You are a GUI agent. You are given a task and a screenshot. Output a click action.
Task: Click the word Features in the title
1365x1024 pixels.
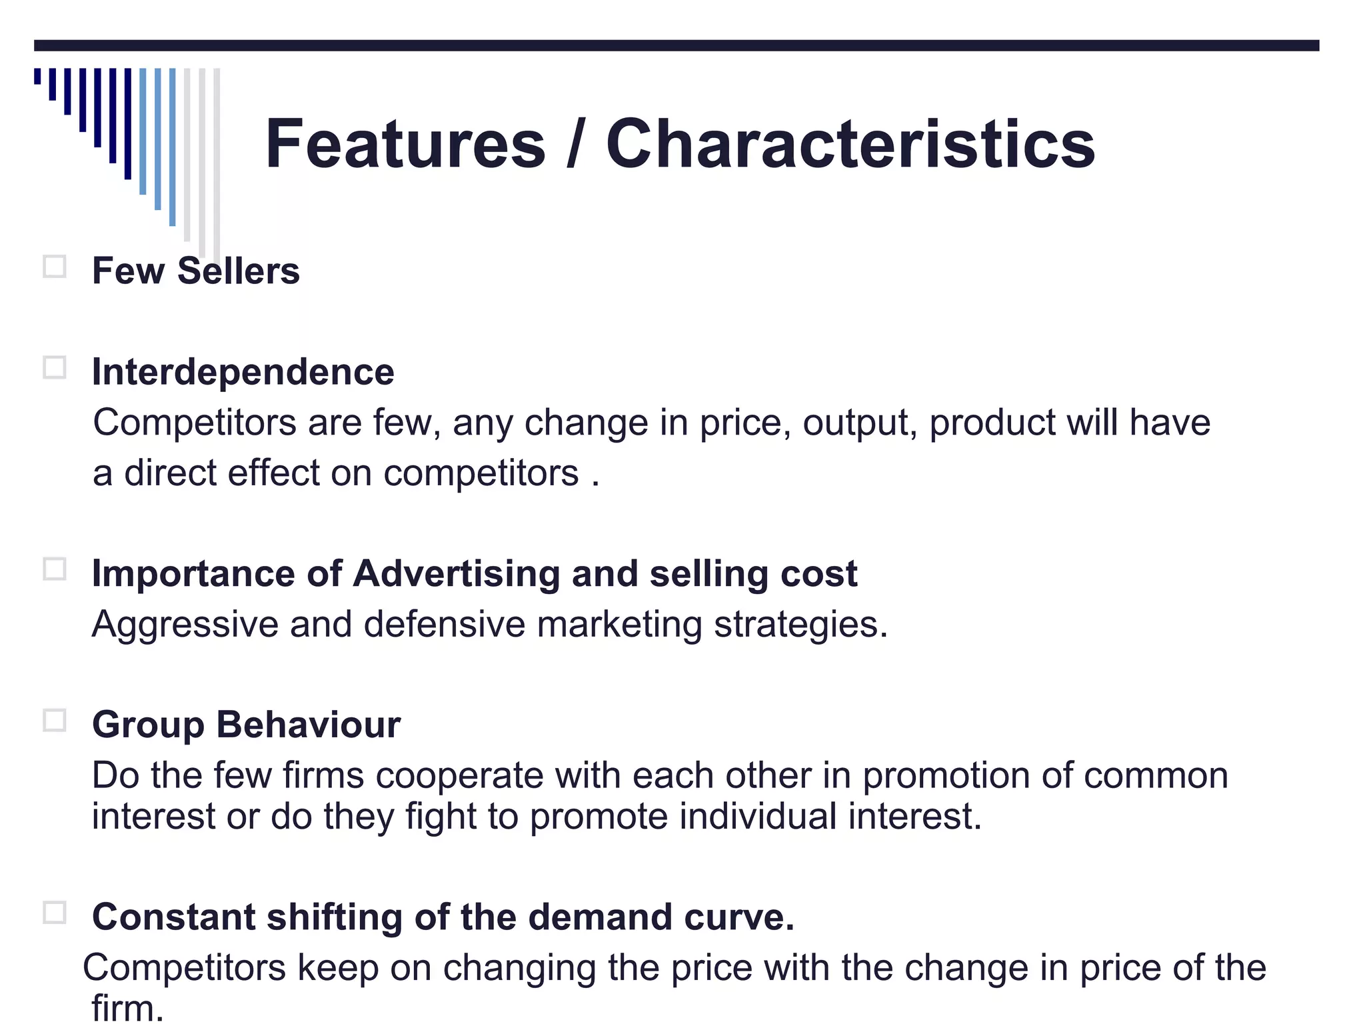coord(405,144)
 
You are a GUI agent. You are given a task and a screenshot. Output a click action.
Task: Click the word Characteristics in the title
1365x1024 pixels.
coord(850,144)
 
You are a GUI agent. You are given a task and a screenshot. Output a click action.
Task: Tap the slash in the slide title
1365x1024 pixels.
coord(575,144)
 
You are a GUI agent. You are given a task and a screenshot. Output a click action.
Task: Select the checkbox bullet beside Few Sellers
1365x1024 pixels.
coord(55,267)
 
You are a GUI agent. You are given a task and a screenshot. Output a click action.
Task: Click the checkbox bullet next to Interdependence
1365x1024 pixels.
coord(55,367)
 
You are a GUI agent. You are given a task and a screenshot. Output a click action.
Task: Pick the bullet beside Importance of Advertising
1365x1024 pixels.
coord(55,569)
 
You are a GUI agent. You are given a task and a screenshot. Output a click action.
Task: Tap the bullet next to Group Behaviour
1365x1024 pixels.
coord(55,721)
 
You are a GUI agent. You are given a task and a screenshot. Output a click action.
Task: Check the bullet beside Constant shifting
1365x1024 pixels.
coord(55,913)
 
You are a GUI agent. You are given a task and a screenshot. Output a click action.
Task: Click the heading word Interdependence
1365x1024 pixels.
coord(243,372)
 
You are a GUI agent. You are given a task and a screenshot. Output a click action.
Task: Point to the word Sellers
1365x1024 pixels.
coord(238,271)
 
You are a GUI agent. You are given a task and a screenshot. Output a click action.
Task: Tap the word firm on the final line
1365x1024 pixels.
coord(123,1008)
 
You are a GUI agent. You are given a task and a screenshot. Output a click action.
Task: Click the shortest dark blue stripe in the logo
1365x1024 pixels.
coord(37,75)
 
